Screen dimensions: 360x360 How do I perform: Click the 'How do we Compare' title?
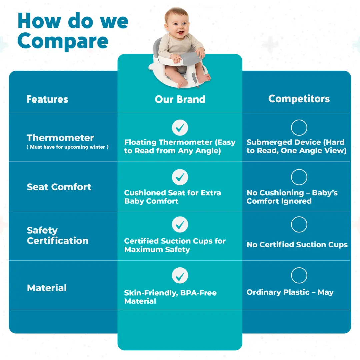tap(73, 31)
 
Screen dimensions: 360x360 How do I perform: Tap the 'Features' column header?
tap(47, 99)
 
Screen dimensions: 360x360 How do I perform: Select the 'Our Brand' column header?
tap(180, 99)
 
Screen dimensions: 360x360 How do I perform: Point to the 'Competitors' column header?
tap(299, 99)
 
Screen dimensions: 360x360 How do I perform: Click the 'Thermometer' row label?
tap(60, 138)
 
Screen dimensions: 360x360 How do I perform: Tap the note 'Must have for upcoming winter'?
tap(67, 147)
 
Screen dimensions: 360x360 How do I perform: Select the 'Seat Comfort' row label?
tap(59, 187)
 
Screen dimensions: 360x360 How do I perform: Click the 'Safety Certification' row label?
tap(58, 236)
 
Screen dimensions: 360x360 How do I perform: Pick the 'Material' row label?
tap(47, 288)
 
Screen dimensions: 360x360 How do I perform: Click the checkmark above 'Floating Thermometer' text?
tap(180, 128)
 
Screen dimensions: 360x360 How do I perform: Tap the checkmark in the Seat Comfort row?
tap(180, 177)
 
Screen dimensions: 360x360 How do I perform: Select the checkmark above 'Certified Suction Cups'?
tap(180, 225)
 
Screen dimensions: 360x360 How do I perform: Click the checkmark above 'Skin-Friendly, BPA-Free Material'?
tap(180, 276)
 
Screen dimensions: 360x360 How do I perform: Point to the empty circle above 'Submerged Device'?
tap(299, 120)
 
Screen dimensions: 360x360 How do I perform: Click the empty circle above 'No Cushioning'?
tap(299, 169)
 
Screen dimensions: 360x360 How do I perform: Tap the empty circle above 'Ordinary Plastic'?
tap(299, 267)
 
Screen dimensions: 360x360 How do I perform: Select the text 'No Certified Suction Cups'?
tap(297, 245)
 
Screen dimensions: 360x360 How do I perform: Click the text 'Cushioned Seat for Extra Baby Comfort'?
tap(173, 197)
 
